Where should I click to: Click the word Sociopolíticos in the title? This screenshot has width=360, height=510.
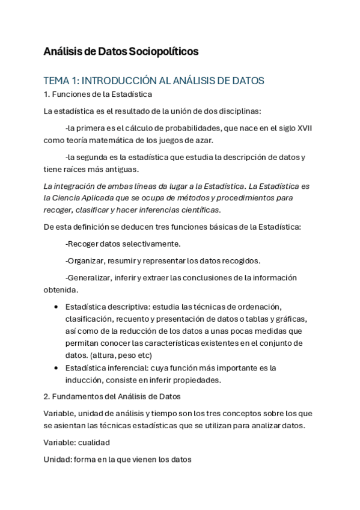pos(163,52)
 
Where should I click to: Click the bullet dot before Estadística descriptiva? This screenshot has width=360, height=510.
pos(56,307)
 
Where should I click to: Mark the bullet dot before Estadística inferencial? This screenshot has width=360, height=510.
pos(56,367)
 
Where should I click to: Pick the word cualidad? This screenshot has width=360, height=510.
pos(94,442)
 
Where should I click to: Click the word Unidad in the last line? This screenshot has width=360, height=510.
pos(57,459)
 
